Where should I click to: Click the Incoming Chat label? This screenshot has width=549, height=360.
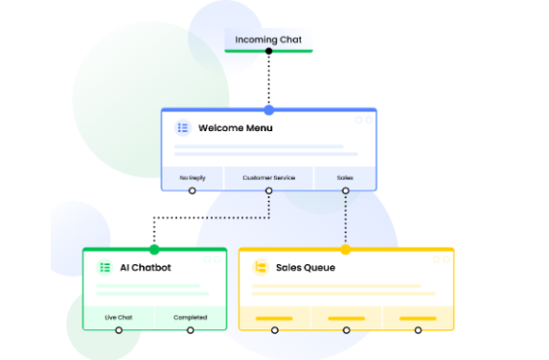268,39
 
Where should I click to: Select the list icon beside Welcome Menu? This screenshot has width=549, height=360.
182,128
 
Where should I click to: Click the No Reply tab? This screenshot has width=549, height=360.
192,177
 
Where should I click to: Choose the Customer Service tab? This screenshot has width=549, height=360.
269,177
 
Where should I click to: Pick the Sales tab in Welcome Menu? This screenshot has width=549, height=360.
345,177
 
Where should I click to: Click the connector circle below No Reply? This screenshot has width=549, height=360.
192,191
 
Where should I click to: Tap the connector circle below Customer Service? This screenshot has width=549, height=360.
269,191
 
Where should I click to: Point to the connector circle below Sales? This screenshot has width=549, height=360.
345,191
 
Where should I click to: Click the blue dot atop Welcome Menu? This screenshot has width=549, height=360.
269,110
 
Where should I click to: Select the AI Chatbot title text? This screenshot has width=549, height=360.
146,267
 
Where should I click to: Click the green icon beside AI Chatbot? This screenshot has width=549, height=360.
104,267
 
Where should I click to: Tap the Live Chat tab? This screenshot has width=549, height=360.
119,317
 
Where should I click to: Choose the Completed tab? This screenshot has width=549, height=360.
190,317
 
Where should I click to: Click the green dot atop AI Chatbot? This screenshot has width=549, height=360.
154,250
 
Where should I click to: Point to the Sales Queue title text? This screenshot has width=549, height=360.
305,267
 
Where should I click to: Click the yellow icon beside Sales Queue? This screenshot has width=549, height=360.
259,267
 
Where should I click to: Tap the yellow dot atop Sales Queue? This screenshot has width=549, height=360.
345,250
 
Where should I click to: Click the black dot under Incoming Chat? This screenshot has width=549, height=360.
269,51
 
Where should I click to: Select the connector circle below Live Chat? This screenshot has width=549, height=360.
119,330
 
